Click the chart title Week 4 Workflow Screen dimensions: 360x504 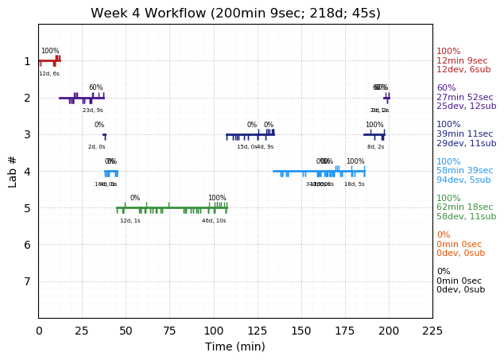click(235, 14)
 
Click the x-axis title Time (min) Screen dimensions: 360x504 click(235, 346)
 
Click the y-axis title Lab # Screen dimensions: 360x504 click(13, 171)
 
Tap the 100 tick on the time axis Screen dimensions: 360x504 click(214, 331)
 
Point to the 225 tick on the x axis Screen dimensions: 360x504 click(432, 331)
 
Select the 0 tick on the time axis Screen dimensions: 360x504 click(39, 331)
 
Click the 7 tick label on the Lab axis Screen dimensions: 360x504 click(27, 281)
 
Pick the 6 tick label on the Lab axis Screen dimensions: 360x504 click(27, 245)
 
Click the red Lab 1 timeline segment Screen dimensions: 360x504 click(48, 61)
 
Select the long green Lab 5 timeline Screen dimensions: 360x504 click(171, 208)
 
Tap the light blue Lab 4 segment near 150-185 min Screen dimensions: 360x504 click(318, 171)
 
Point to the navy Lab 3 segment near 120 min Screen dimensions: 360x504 click(250, 134)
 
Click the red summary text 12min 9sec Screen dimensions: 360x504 click(462, 60)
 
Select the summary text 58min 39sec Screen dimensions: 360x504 click(465, 171)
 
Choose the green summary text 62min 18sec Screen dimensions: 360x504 click(465, 207)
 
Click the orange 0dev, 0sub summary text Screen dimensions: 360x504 click(460, 254)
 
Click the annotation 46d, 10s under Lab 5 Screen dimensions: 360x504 click(214, 221)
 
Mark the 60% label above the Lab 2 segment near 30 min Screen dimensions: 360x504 click(95, 87)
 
